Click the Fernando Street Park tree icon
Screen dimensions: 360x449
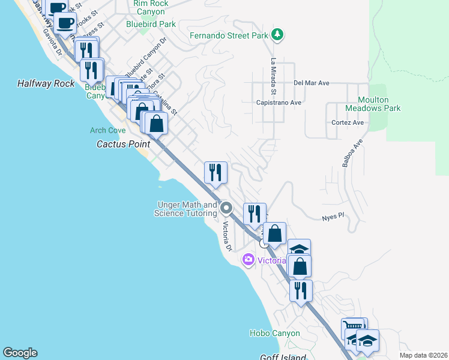277,35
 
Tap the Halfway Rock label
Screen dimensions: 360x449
46,83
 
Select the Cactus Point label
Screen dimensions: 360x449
122,144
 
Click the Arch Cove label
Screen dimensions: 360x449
107,130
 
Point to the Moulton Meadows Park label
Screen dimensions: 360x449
373,104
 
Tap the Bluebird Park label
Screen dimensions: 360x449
151,24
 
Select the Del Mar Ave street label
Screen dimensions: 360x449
312,83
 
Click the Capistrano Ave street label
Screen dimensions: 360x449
279,103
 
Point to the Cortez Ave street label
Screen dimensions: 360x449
348,122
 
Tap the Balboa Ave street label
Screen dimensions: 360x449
352,154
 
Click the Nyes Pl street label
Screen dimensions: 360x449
332,216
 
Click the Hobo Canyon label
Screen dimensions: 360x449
274,333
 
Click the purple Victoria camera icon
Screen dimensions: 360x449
247,259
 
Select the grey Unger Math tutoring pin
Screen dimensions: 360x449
226,208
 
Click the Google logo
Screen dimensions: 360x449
20,353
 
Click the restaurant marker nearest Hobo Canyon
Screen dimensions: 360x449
301,290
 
